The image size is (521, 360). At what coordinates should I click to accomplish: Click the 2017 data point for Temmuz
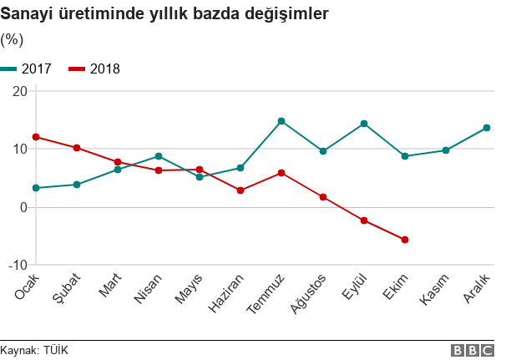click(281, 121)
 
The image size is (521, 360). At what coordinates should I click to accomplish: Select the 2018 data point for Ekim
click(405, 240)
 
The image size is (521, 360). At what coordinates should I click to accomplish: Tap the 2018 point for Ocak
click(36, 137)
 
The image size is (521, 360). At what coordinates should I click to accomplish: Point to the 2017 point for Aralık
click(487, 128)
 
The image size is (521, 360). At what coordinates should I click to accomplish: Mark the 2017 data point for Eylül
click(364, 124)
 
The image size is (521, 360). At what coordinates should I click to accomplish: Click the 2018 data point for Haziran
click(240, 190)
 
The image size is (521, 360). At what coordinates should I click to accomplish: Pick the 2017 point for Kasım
click(446, 150)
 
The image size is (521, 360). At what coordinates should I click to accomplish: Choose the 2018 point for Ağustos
click(323, 197)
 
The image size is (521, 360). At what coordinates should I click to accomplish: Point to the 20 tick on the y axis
click(18, 90)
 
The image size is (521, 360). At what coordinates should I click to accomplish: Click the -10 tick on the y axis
click(16, 265)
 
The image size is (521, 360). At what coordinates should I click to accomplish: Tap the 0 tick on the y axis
click(22, 207)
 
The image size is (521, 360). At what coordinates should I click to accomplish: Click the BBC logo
click(472, 351)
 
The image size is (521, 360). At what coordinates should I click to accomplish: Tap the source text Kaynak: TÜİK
click(34, 351)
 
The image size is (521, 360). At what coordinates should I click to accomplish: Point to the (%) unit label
click(12, 39)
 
